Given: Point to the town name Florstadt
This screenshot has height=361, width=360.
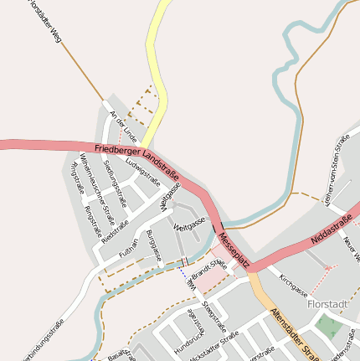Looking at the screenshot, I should point(332,304).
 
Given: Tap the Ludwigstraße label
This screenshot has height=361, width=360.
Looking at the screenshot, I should point(142,171).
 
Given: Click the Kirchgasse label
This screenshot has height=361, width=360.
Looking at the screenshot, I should point(294,286).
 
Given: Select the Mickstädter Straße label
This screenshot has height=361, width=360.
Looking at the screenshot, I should point(213,344).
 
